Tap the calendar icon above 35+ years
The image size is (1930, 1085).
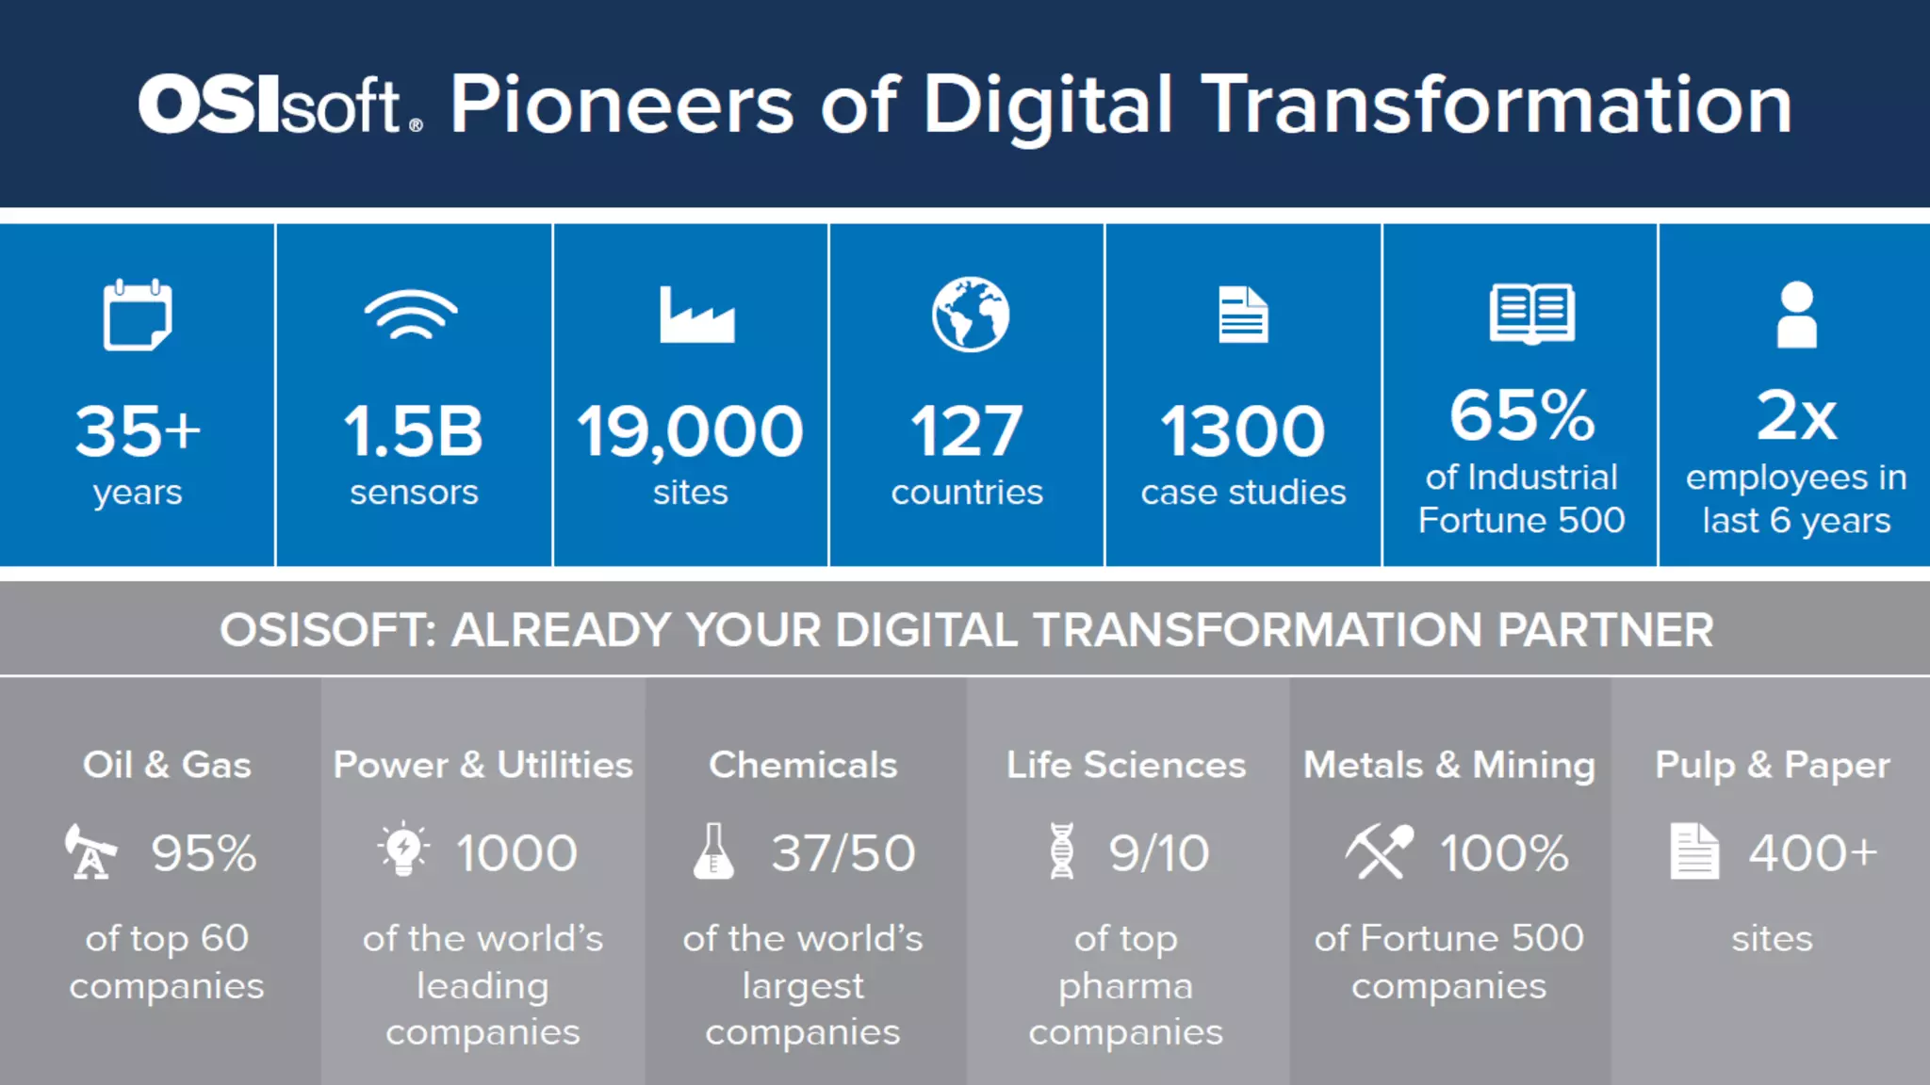click(x=138, y=316)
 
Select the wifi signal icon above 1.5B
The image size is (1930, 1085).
click(x=412, y=316)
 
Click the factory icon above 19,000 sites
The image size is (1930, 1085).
click(x=696, y=316)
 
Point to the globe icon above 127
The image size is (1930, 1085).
click(x=970, y=315)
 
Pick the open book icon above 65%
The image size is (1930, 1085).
click(x=1531, y=314)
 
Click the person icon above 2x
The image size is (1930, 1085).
click(x=1796, y=316)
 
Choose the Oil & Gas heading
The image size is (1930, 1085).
click(x=167, y=765)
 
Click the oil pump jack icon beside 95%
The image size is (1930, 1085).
click(x=90, y=851)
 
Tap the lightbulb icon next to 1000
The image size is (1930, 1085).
click(x=403, y=850)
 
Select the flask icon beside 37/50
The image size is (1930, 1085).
click(x=713, y=851)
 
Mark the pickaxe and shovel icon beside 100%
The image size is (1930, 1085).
click(x=1379, y=851)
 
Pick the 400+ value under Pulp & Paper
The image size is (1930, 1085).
click(x=1812, y=853)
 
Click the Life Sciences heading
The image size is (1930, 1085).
click(x=1125, y=765)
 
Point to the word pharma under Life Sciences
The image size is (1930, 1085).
click(x=1125, y=986)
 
